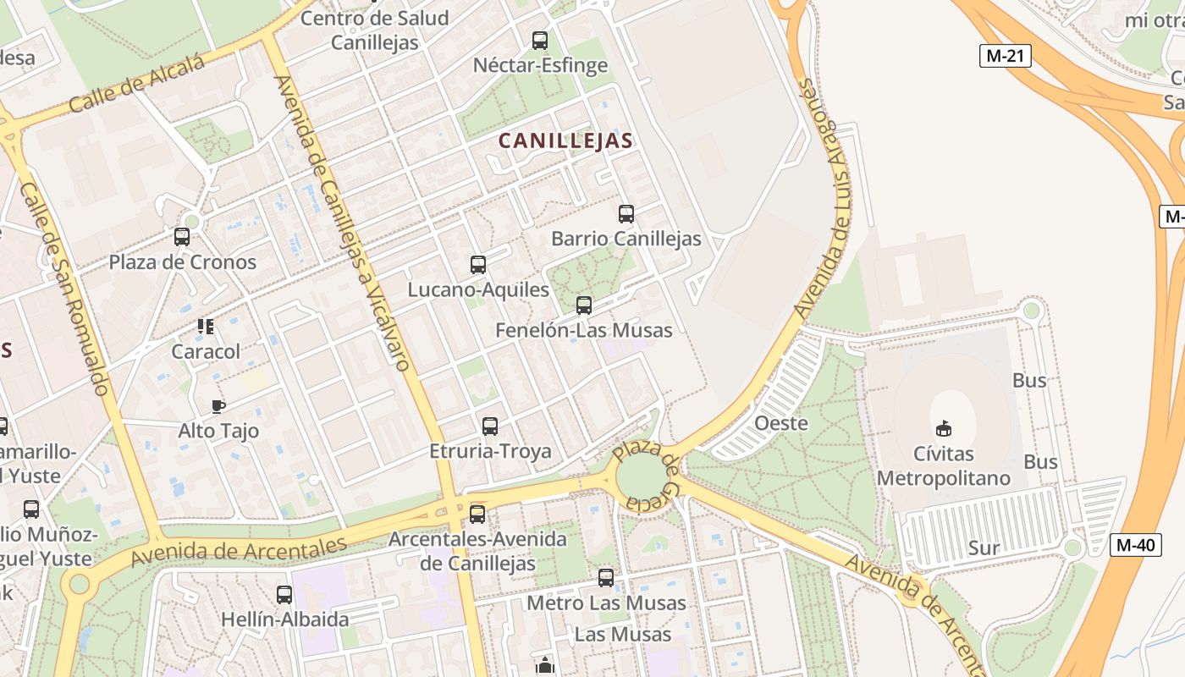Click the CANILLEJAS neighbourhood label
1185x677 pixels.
click(x=565, y=140)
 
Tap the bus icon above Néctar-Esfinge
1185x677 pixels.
click(x=540, y=40)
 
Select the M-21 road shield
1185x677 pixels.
click(x=1006, y=56)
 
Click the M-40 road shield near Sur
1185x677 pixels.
click(x=1135, y=545)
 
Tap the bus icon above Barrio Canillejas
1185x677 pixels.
click(x=626, y=214)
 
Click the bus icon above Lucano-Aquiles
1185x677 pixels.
click(x=478, y=265)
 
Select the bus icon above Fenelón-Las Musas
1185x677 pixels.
click(x=584, y=305)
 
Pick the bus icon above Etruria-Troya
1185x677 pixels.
click(x=490, y=427)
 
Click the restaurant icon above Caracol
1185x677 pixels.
click(x=206, y=327)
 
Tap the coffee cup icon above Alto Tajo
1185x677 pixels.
click(x=218, y=407)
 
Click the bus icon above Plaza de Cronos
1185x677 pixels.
click(x=182, y=237)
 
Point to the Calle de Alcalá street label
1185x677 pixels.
click(x=137, y=85)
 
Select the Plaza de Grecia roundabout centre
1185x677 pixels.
click(x=642, y=477)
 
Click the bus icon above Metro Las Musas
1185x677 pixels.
click(x=606, y=578)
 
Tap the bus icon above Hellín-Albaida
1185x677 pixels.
click(x=284, y=595)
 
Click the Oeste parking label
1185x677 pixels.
click(x=780, y=423)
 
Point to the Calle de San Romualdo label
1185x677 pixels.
click(x=64, y=288)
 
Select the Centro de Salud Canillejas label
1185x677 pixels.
click(x=374, y=30)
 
